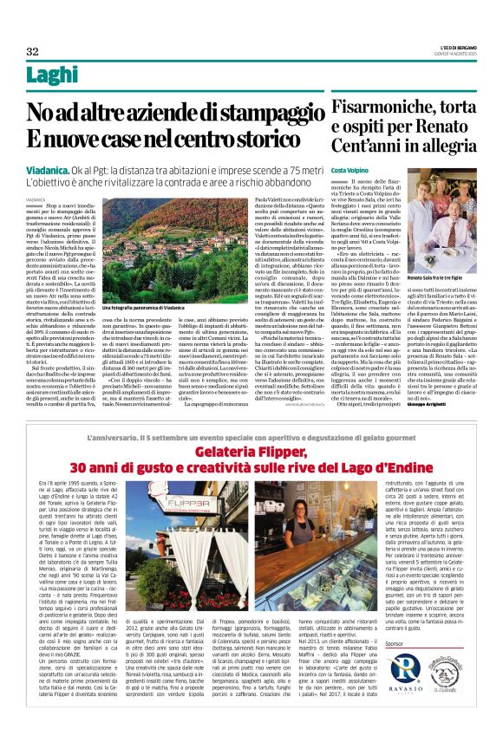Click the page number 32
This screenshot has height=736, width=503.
click(32, 52)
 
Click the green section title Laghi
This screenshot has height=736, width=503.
click(58, 76)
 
